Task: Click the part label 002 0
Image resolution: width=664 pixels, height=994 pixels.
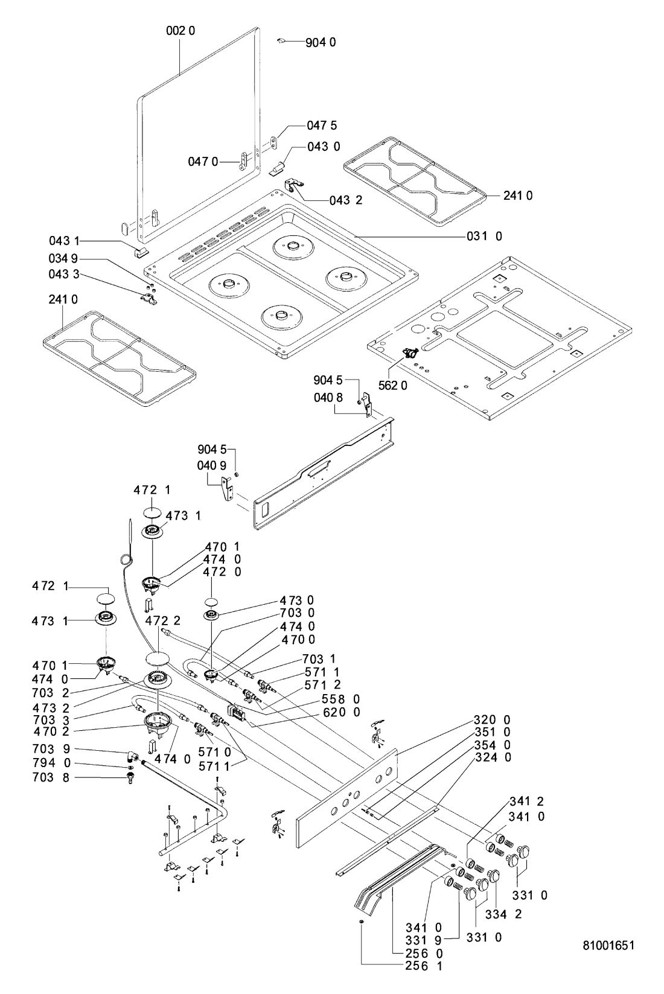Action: click(180, 30)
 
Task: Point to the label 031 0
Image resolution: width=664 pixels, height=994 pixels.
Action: click(484, 237)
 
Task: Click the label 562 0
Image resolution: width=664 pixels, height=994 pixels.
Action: click(394, 386)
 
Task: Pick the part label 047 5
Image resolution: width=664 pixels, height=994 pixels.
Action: click(322, 126)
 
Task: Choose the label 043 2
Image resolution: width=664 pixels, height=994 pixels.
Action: click(346, 200)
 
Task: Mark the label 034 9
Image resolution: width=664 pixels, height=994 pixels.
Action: click(63, 259)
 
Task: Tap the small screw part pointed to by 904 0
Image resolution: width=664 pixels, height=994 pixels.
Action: click(281, 41)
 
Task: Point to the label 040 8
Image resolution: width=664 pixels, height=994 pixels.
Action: click(328, 398)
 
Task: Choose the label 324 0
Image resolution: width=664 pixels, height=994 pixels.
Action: click(493, 757)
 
